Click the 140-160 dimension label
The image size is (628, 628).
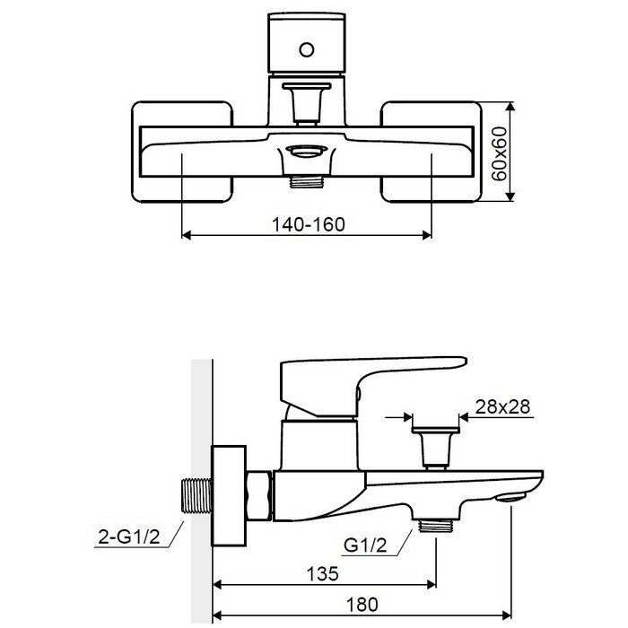tap(308, 224)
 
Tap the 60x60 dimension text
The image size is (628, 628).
tap(499, 153)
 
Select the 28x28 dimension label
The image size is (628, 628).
tap(502, 406)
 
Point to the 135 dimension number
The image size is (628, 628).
tap(322, 573)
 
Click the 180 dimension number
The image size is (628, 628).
tap(362, 605)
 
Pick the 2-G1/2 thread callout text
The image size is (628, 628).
tap(129, 536)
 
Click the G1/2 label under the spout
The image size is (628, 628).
tap(365, 545)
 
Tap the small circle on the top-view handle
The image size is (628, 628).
tap(307, 50)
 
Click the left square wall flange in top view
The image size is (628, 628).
tap(182, 152)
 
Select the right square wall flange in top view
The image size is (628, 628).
tap(431, 152)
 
